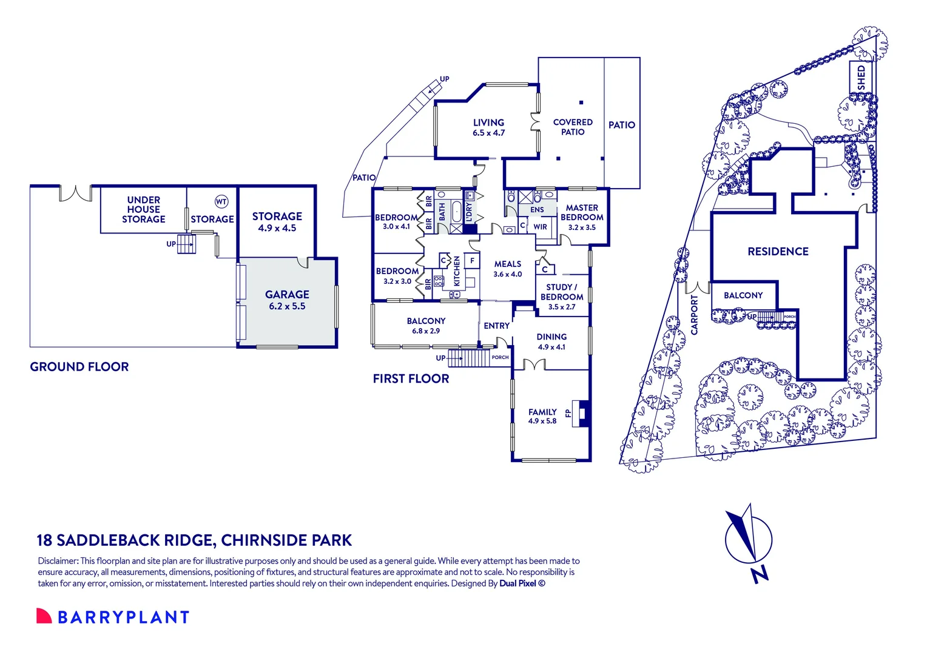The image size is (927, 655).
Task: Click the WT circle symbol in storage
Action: (221, 201)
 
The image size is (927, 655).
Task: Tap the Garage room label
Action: (287, 295)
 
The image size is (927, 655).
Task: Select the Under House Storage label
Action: (143, 209)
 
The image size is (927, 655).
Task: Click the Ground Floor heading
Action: (79, 366)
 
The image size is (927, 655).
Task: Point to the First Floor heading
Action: (411, 378)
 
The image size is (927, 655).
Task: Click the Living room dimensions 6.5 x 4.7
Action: (489, 133)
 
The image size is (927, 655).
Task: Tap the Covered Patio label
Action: (573, 127)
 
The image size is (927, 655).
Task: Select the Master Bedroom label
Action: (582, 212)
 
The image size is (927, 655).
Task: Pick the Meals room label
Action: (508, 264)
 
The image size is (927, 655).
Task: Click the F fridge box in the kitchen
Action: (472, 261)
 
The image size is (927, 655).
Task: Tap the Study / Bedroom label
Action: (562, 292)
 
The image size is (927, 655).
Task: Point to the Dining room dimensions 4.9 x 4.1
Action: (551, 347)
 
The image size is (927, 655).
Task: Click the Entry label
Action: (497, 326)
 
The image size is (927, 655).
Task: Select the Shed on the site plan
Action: (861, 78)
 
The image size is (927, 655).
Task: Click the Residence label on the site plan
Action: (778, 252)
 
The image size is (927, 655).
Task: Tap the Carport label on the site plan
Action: (695, 315)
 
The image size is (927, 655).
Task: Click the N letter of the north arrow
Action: (760, 574)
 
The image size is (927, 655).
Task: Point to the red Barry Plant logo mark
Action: (44, 616)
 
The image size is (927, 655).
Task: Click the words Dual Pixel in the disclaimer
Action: (517, 583)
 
